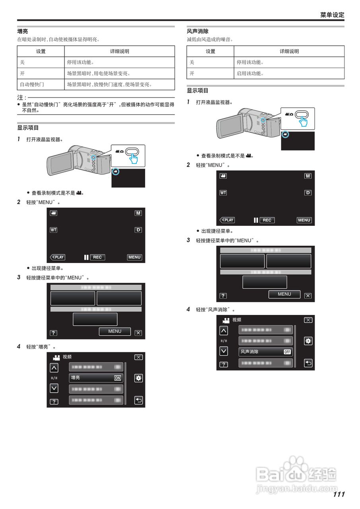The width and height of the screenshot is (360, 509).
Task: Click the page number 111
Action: point(339,494)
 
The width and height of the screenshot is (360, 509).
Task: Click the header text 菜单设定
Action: point(332,15)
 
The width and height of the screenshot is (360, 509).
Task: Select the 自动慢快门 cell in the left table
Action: point(32,84)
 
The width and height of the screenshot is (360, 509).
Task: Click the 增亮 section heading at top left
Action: point(22,31)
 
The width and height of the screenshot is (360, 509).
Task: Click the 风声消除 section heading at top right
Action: point(198,31)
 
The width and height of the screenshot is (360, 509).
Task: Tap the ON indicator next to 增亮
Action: point(117,378)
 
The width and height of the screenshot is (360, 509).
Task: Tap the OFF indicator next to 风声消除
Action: point(287,352)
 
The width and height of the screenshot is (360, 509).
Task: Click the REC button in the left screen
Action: point(97,257)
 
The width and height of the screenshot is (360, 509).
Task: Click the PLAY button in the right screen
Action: point(227,220)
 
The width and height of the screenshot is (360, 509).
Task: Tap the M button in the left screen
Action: point(138,213)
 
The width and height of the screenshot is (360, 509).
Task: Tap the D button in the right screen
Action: point(308,192)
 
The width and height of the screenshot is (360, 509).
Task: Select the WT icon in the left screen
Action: point(53,230)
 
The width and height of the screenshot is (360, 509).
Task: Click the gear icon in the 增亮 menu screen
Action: point(138,378)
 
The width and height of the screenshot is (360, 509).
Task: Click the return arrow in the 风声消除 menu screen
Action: point(308,363)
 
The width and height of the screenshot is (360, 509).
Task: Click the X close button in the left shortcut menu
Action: point(138,333)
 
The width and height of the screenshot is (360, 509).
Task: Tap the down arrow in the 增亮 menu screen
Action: point(54,388)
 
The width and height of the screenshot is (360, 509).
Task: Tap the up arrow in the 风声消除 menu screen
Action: point(224,330)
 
